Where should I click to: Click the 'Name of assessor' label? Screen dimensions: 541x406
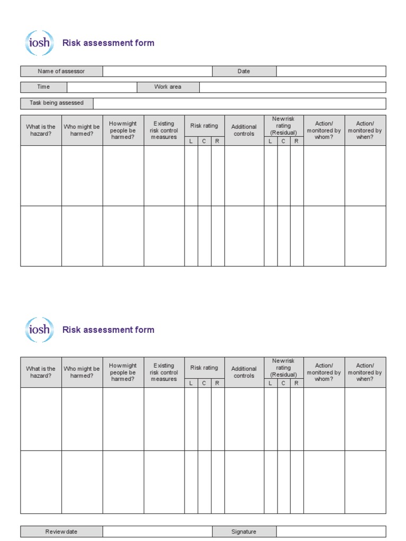click(61, 71)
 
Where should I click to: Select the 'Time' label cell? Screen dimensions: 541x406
click(43, 87)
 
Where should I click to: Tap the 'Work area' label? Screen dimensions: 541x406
click(168, 87)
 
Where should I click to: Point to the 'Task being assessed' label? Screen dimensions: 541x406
click(57, 103)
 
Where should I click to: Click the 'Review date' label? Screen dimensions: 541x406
click(61, 531)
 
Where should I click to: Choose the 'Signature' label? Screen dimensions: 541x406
click(244, 531)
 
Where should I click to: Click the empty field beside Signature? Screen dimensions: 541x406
click(331, 531)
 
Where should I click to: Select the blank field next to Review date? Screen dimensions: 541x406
click(158, 531)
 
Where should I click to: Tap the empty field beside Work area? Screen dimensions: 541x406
click(292, 87)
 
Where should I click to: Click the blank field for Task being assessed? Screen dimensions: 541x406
click(239, 103)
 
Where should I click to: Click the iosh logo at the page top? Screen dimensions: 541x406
click(39, 43)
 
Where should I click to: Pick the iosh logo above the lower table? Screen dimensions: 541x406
click(39, 330)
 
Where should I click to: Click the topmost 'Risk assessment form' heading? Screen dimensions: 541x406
click(108, 43)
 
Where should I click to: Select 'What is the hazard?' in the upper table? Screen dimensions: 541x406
click(41, 130)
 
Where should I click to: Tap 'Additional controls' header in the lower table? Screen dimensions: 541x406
click(244, 372)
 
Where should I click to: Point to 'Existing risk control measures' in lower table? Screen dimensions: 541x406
click(164, 372)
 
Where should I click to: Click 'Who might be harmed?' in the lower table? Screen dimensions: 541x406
click(81, 372)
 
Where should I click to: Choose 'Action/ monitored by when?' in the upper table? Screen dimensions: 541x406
click(365, 130)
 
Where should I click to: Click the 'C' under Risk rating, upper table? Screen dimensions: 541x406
click(204, 142)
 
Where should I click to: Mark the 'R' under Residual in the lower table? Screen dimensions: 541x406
click(297, 384)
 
